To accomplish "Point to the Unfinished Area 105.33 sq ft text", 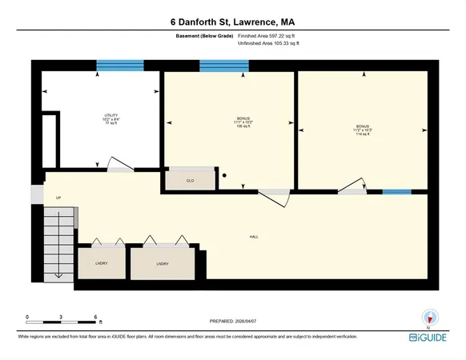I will coord(270,44).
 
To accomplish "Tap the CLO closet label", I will coord(191,181).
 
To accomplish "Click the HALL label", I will coord(254,236).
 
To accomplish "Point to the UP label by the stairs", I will coord(58,198).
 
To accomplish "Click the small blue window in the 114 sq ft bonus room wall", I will coord(397,192).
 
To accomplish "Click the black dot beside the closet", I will coord(226,175).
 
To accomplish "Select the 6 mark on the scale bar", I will coord(95,317).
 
